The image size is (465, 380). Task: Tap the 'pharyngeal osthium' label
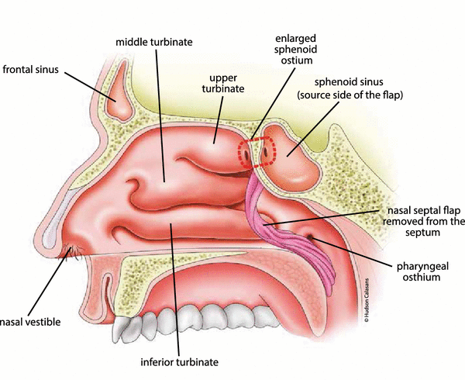point(418,271)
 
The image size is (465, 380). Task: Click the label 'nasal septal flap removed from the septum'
point(422,221)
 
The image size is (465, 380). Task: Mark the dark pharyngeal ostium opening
point(312,234)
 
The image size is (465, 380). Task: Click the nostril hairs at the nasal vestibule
point(75,252)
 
